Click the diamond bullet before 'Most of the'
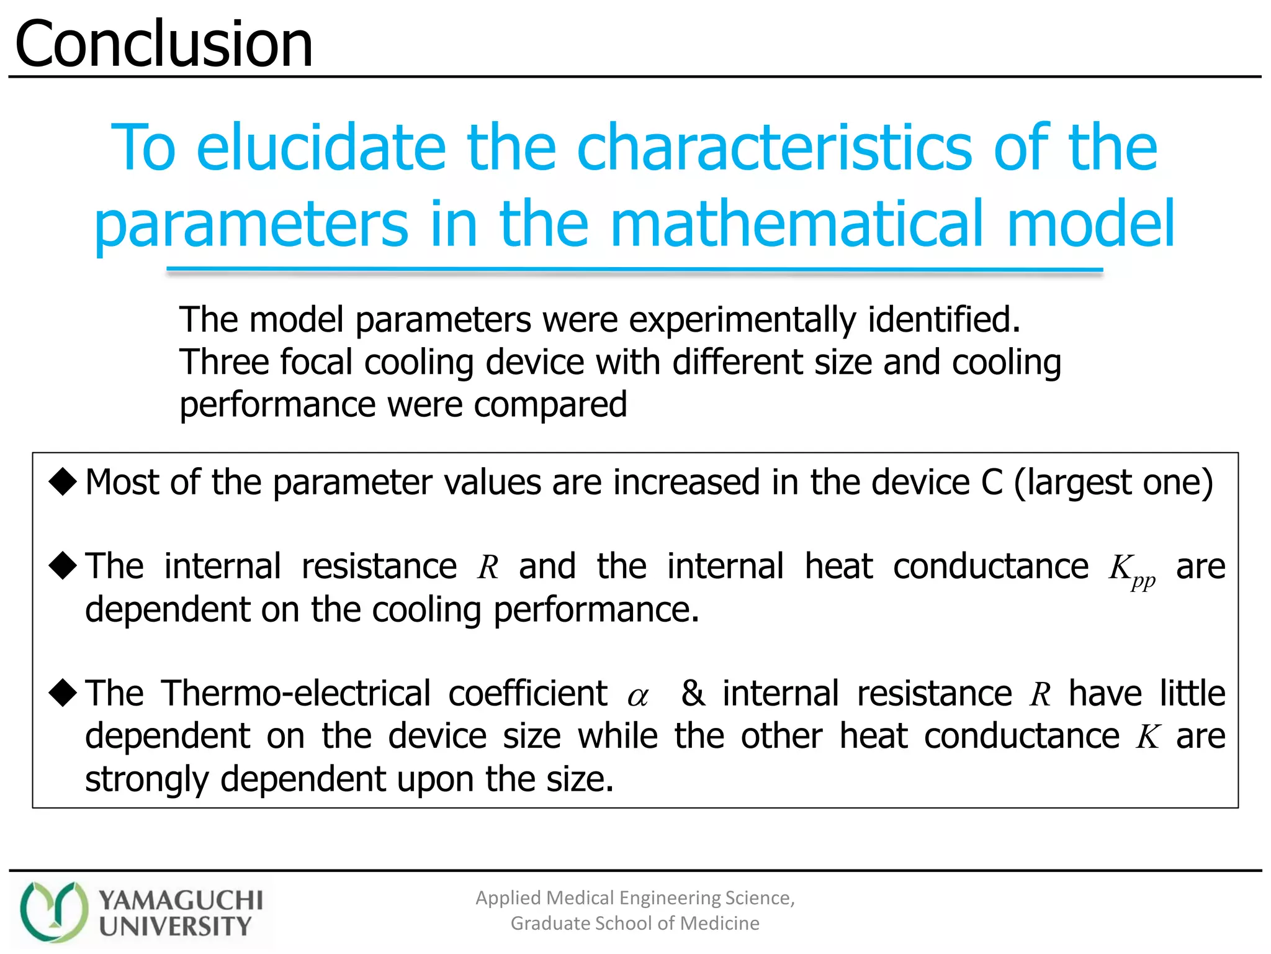[x=63, y=481]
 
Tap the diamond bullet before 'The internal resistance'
[x=63, y=565]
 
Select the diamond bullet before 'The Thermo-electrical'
[x=63, y=692]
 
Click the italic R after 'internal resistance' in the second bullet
[x=488, y=567]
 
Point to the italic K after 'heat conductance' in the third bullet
[x=1148, y=737]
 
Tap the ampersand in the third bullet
[x=693, y=693]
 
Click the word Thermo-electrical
[x=296, y=693]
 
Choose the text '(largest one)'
[x=1113, y=483]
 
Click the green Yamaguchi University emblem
[x=53, y=911]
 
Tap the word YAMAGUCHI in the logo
[x=181, y=899]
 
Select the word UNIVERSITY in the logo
[x=175, y=926]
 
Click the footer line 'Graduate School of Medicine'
[x=634, y=924]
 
